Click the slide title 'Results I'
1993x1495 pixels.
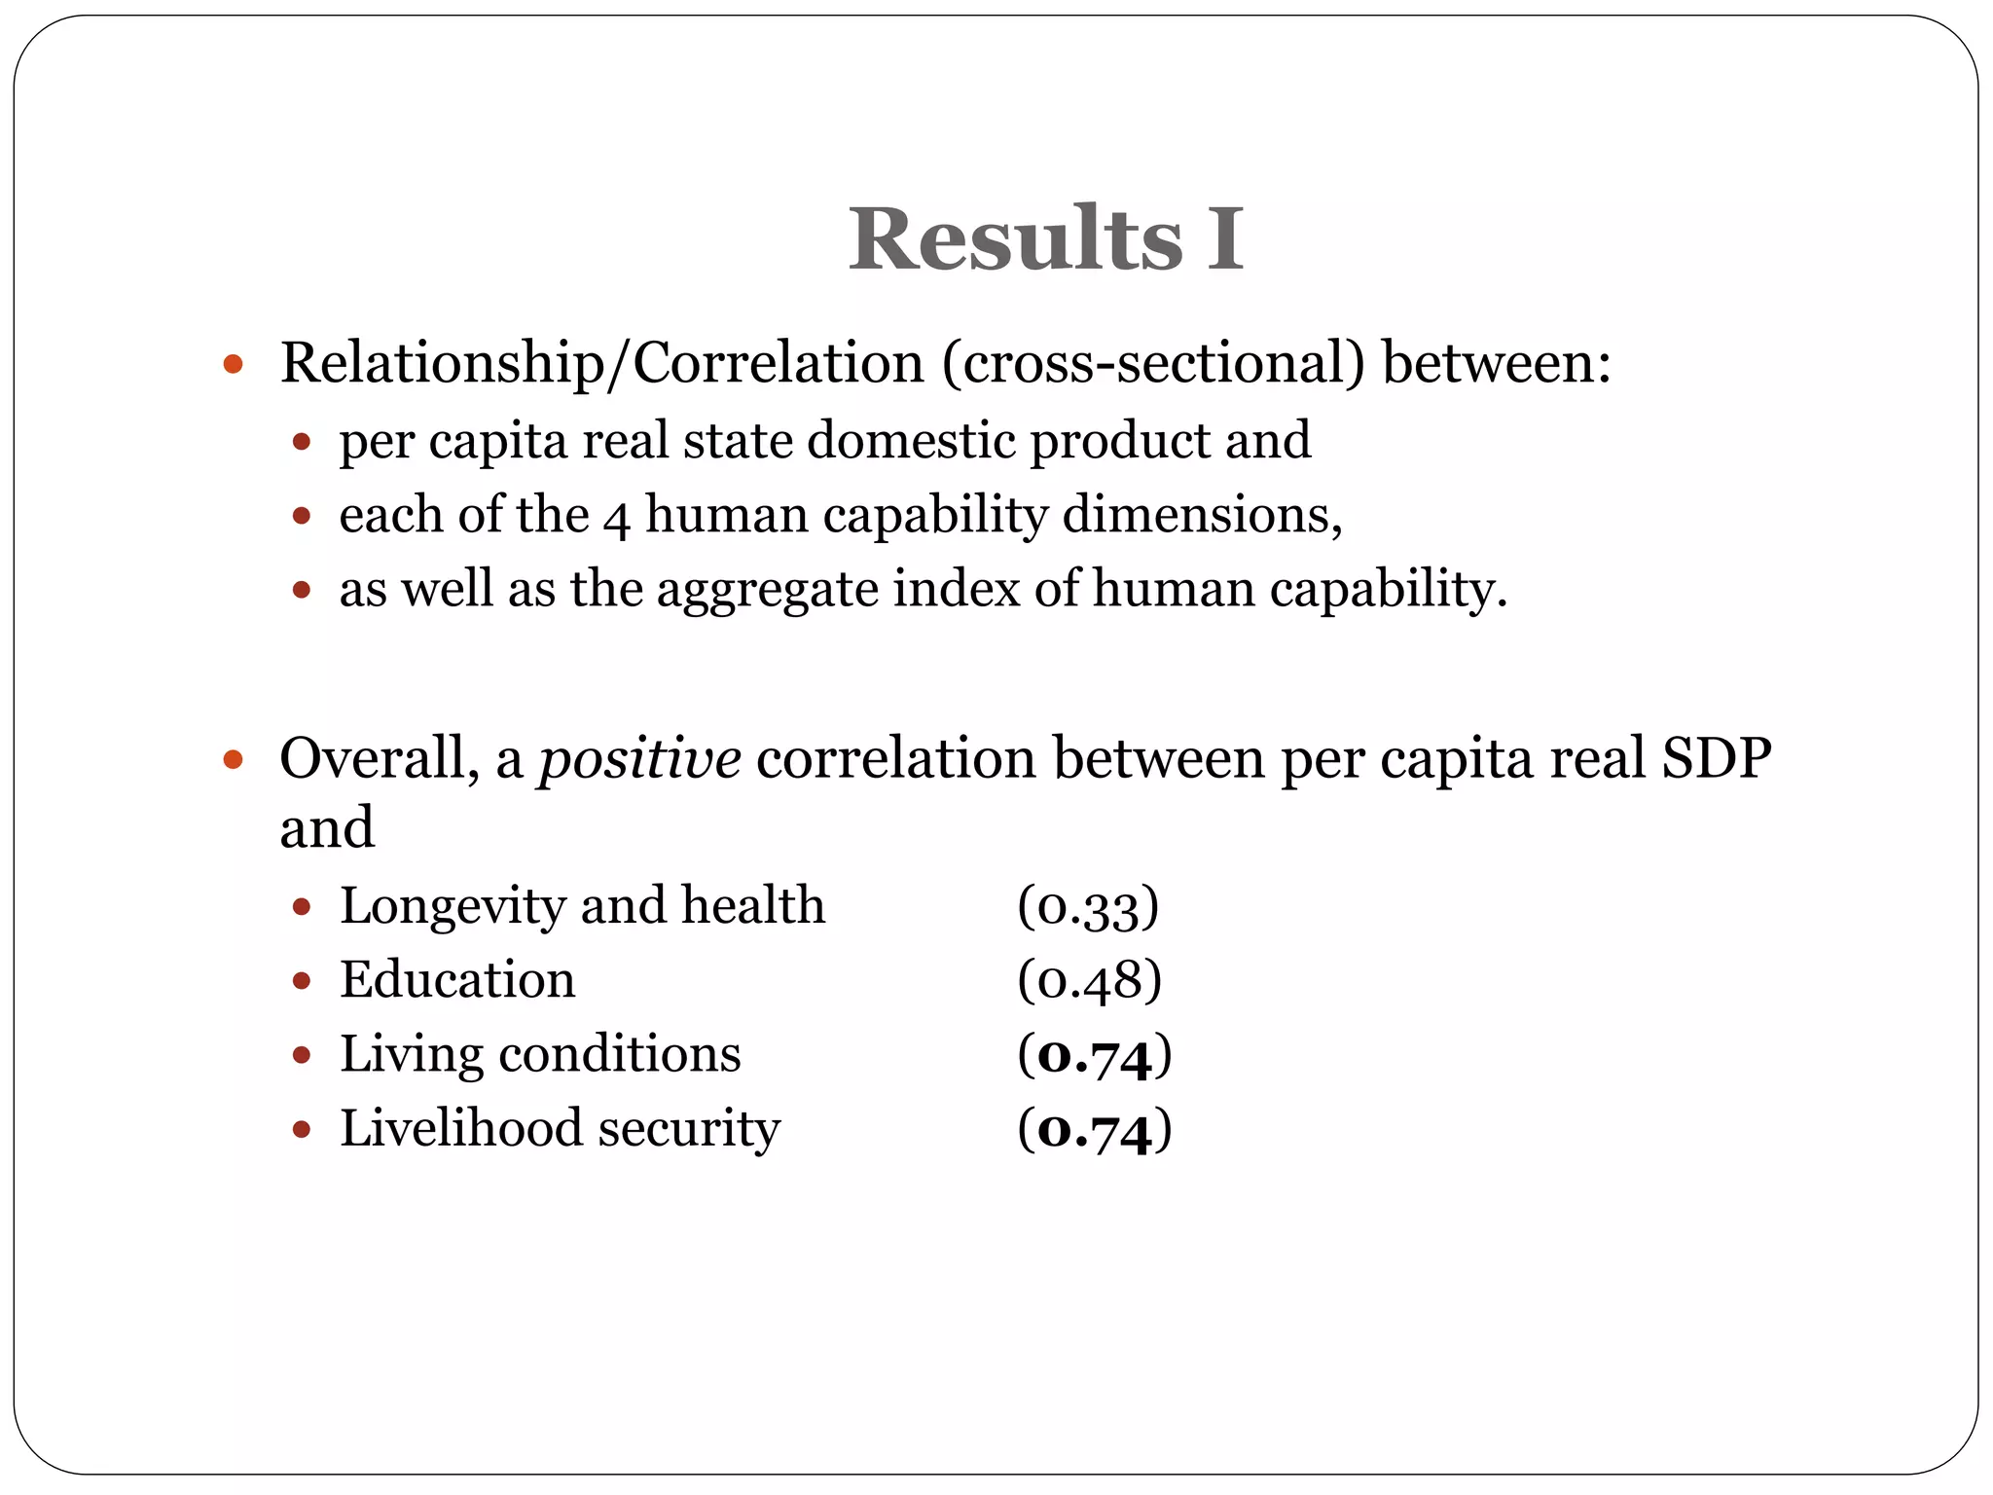click(1046, 239)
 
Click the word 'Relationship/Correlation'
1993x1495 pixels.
click(601, 363)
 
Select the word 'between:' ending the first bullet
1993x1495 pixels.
click(1497, 363)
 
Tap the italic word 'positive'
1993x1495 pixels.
click(639, 758)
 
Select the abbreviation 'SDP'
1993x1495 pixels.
click(1717, 758)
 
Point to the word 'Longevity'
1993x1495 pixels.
click(453, 906)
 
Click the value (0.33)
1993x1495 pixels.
click(1088, 907)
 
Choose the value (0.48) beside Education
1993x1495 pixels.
click(1089, 981)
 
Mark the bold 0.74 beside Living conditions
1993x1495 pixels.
click(1095, 1055)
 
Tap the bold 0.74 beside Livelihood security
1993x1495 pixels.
click(1095, 1130)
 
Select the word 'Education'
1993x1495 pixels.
click(457, 980)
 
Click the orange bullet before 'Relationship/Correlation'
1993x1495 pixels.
click(232, 366)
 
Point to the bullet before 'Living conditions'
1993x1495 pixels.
click(302, 1055)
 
